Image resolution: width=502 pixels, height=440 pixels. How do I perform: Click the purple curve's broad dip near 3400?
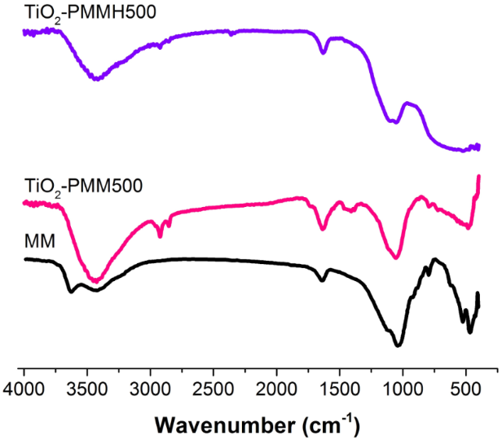tap(97, 79)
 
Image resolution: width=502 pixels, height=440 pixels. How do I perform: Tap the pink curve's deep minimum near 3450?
tap(96, 280)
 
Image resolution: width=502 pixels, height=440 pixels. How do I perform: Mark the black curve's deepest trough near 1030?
tap(399, 345)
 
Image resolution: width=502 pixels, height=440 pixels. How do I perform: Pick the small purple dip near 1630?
tap(324, 53)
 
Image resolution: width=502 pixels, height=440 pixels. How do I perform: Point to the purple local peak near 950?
tap(410, 103)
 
